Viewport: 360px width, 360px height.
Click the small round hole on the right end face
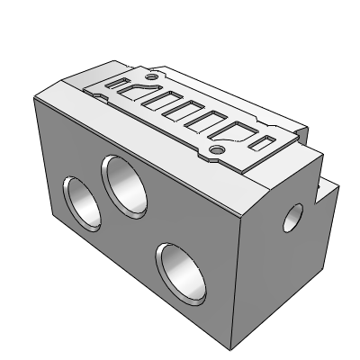tap(292, 216)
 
